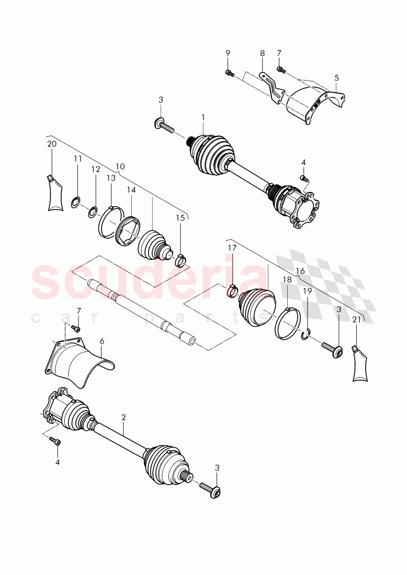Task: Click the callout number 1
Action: pyautogui.click(x=203, y=117)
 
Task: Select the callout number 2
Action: pyautogui.click(x=123, y=417)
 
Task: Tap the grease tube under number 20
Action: pyautogui.click(x=55, y=193)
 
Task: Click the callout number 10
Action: pyautogui.click(x=120, y=166)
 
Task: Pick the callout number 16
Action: pyautogui.click(x=300, y=271)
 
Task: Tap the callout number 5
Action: pyautogui.click(x=336, y=78)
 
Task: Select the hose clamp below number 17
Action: pyautogui.click(x=233, y=289)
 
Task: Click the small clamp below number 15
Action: pyautogui.click(x=180, y=258)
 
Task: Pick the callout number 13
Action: pyautogui.click(x=111, y=178)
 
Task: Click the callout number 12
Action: pyautogui.click(x=95, y=169)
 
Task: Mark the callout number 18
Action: pyautogui.click(x=287, y=280)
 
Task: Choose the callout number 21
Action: pyautogui.click(x=356, y=319)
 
